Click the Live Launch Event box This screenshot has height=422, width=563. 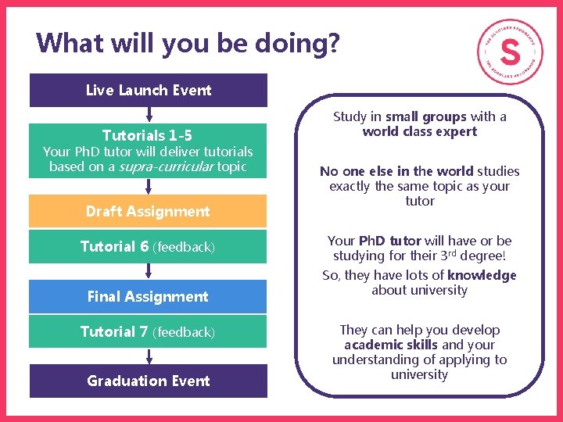click(149, 90)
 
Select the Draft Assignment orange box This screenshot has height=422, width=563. click(149, 211)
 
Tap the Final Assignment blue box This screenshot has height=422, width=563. click(149, 296)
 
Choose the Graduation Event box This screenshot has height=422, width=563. click(149, 381)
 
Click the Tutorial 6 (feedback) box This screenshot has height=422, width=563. click(149, 247)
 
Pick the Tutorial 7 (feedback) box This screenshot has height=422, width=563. click(149, 332)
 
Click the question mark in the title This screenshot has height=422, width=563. click(334, 43)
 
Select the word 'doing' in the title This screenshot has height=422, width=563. click(289, 43)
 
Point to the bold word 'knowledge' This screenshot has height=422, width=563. click(482, 275)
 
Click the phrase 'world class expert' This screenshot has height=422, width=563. click(420, 131)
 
